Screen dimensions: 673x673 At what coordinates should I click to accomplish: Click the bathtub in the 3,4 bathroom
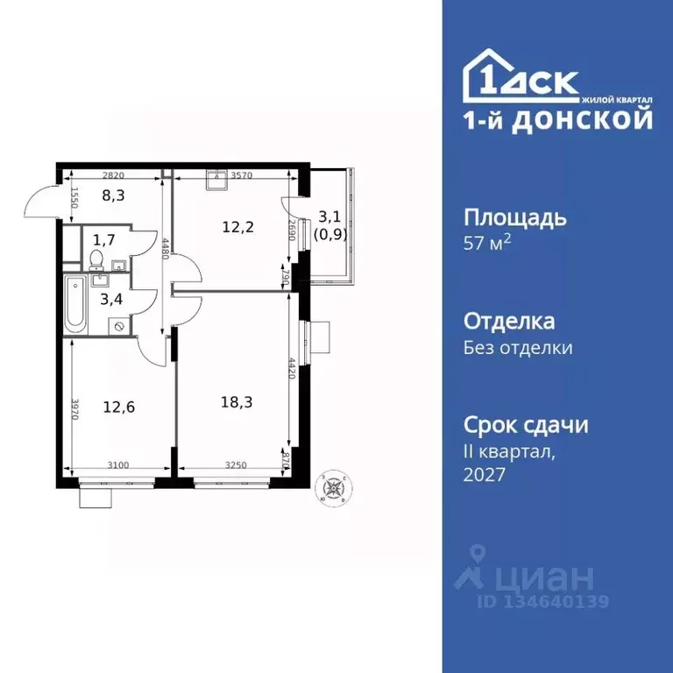pos(76,304)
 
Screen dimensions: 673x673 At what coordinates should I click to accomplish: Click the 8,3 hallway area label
pos(113,196)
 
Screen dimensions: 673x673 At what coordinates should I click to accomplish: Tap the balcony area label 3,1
pos(330,216)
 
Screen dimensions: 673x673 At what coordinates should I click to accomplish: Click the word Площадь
pos(514,217)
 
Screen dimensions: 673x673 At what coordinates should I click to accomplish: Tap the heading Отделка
pos(508,322)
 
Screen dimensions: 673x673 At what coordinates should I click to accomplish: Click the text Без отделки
pos(518,348)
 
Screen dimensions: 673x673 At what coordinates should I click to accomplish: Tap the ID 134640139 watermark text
pos(542,601)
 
